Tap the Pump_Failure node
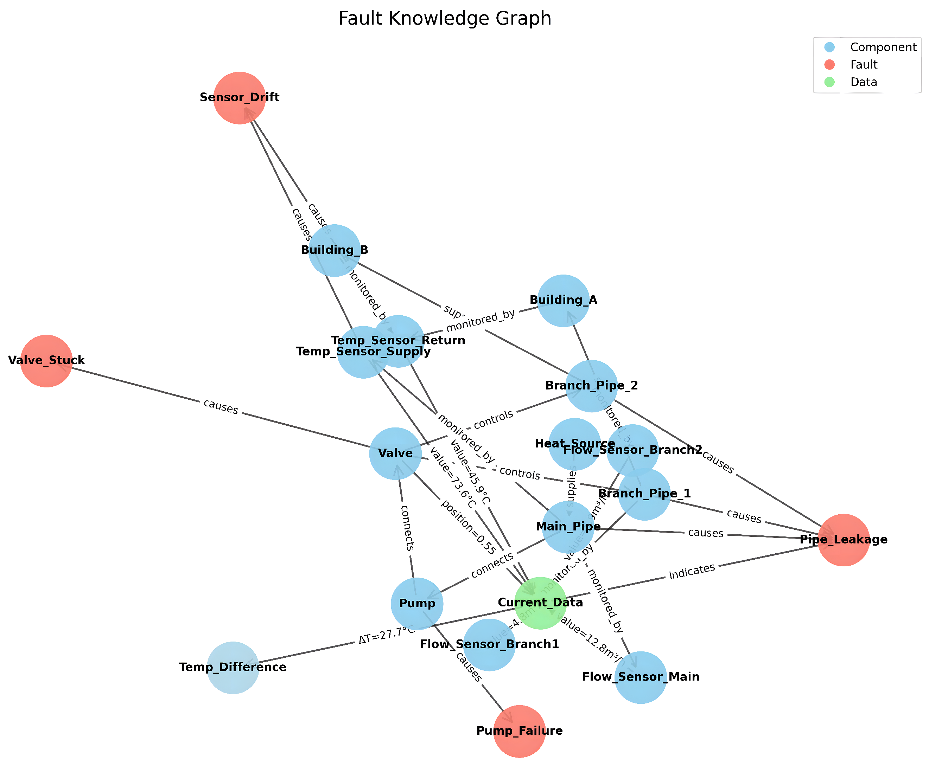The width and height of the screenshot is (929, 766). [519, 731]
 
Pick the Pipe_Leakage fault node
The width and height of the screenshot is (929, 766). [843, 540]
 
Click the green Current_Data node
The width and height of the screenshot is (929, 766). [540, 603]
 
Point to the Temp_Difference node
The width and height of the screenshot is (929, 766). [233, 667]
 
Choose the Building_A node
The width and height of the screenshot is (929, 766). [563, 301]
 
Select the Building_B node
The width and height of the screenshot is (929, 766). [334, 250]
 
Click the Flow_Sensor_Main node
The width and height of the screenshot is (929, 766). [640, 677]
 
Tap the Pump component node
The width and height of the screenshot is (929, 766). [417, 603]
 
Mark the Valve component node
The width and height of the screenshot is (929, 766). [395, 453]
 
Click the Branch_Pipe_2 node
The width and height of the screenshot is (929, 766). [591, 386]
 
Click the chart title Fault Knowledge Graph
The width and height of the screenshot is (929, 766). [445, 19]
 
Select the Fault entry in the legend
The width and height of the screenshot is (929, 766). [864, 64]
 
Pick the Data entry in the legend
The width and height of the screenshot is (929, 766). [864, 82]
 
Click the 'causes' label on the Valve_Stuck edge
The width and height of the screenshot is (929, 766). [221, 407]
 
